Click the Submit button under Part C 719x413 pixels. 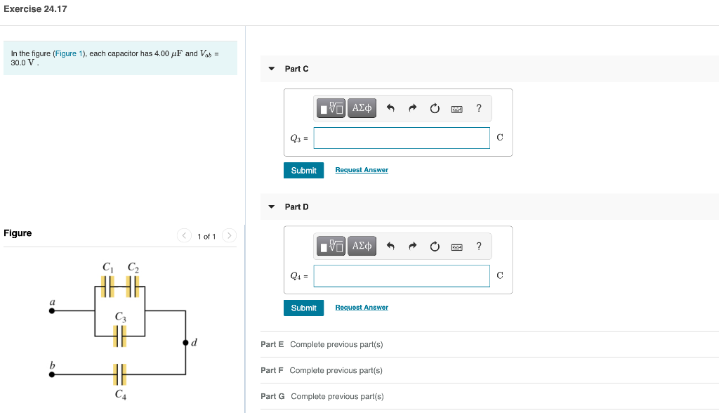tap(303, 170)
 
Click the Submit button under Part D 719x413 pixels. tap(303, 308)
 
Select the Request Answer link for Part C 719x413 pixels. tap(362, 170)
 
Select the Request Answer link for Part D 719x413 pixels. tap(362, 308)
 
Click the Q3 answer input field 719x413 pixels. tap(402, 138)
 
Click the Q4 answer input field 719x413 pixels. tap(402, 276)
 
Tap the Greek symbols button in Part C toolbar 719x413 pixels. tap(362, 108)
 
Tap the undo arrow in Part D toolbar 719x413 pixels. tap(390, 246)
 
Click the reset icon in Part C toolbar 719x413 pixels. tap(435, 108)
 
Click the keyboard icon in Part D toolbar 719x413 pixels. tap(456, 247)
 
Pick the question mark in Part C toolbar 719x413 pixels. tap(479, 108)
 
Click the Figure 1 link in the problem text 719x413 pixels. tap(69, 53)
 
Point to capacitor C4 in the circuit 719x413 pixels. tap(119, 374)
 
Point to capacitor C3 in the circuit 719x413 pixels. tap(119, 336)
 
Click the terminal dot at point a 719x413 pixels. tap(52, 310)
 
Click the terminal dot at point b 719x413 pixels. tap(52, 374)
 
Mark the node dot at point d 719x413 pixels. tap(185, 343)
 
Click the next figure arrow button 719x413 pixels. tap(230, 235)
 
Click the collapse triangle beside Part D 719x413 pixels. tap(272, 207)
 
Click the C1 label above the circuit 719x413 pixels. tap(107, 267)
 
